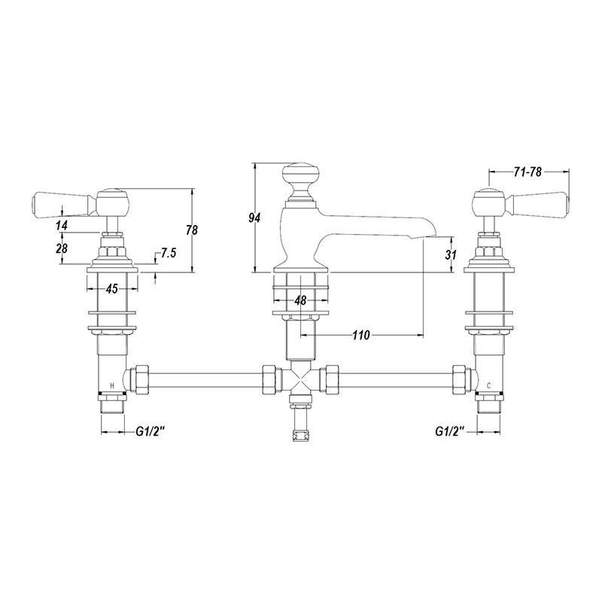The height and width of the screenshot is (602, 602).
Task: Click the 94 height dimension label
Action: pyautogui.click(x=254, y=217)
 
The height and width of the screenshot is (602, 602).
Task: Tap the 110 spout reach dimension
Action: pyautogui.click(x=361, y=335)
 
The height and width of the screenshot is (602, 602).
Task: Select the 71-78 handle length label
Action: pyautogui.click(x=528, y=172)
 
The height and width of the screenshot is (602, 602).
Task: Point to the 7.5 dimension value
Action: pyautogui.click(x=168, y=253)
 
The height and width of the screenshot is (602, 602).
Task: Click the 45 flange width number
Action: pyautogui.click(x=111, y=288)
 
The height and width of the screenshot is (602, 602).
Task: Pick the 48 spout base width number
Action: pyautogui.click(x=300, y=299)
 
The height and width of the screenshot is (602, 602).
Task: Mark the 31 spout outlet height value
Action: pyautogui.click(x=451, y=254)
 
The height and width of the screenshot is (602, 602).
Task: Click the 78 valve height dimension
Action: pyautogui.click(x=191, y=230)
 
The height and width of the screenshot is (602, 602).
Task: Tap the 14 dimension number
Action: pyautogui.click(x=62, y=225)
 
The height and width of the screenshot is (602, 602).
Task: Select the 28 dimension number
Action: pyautogui.click(x=62, y=248)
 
